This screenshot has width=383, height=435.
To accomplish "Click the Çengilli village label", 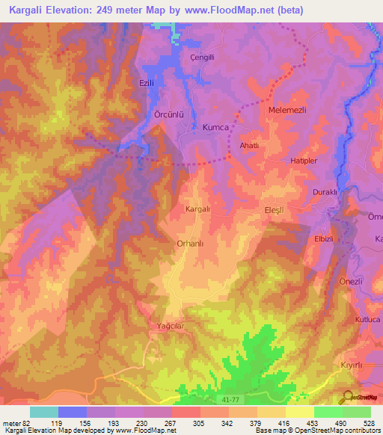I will click(x=202, y=58).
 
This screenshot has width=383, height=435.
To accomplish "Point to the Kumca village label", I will click(x=215, y=128).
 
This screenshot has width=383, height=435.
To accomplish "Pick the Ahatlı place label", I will click(x=248, y=146).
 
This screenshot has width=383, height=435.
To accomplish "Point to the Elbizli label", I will click(x=323, y=239).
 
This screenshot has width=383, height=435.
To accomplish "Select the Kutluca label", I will click(x=367, y=319).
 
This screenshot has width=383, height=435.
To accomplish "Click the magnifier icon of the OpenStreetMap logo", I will click(x=346, y=397).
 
